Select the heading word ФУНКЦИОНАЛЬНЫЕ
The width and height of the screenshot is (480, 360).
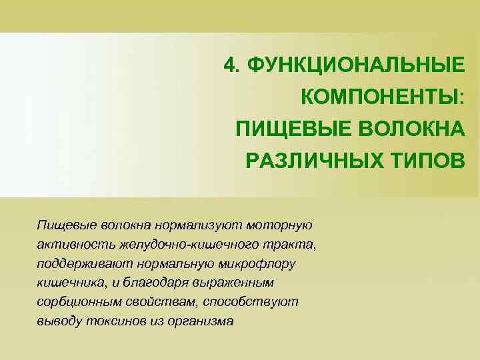point(354,65)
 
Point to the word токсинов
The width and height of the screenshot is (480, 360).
point(116,321)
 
